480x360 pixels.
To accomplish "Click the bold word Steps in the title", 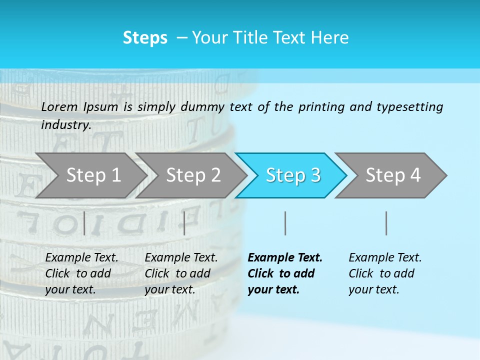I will (x=145, y=38).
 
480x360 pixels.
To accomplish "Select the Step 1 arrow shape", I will (x=90, y=175).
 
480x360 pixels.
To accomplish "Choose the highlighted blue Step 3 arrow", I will (x=292, y=175).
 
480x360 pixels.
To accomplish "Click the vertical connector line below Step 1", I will (x=84, y=223).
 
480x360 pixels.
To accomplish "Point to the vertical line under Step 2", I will (x=184, y=223).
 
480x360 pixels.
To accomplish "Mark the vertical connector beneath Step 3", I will (x=285, y=223).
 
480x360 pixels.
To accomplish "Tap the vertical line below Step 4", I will (x=386, y=223).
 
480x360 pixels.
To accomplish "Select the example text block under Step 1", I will (x=81, y=273).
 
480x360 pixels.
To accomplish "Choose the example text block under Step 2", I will (x=181, y=273).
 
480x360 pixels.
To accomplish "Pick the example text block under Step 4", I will (x=385, y=273).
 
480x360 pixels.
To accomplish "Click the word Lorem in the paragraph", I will (x=59, y=106).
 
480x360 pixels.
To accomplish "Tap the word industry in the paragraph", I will (x=65, y=125).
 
